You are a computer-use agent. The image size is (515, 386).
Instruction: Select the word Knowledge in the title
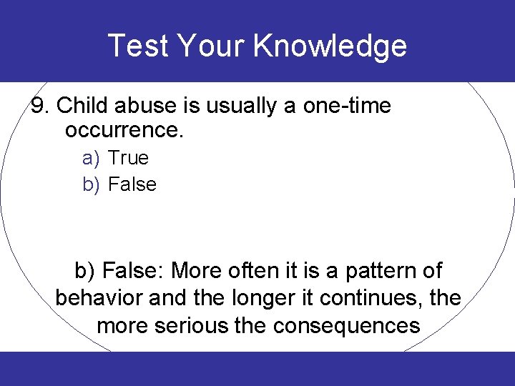[x=330, y=46]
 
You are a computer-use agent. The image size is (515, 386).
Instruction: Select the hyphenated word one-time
[x=346, y=106]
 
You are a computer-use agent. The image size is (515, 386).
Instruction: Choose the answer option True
[x=128, y=157]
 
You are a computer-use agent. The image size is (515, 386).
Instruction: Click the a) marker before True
[x=91, y=158]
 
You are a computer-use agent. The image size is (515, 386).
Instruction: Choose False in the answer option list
[x=132, y=184]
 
